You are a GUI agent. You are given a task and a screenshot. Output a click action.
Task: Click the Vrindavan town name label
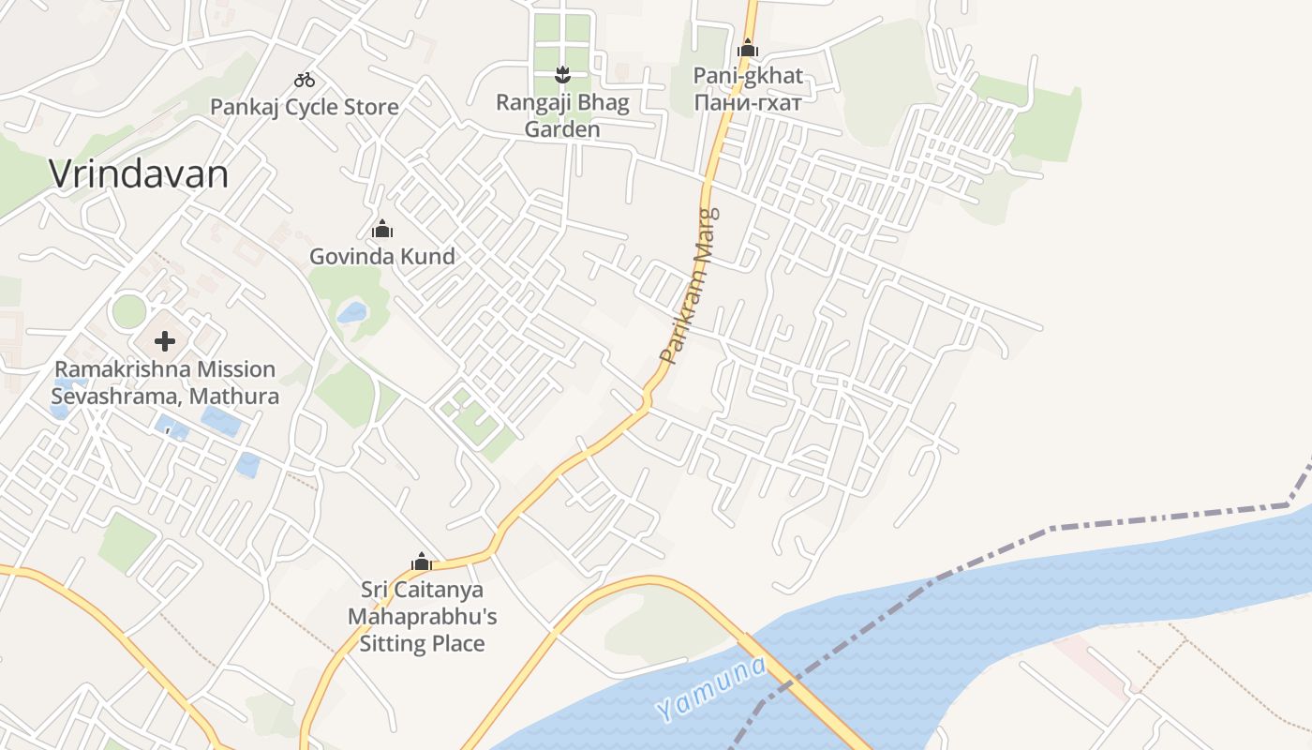point(139,174)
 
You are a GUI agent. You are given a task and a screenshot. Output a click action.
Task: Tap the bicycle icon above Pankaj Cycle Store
point(305,80)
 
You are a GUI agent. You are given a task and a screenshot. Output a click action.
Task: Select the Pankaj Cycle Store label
point(305,107)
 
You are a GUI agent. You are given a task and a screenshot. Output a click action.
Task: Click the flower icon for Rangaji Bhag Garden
point(562,73)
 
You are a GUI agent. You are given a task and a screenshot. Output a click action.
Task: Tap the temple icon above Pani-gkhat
point(748,48)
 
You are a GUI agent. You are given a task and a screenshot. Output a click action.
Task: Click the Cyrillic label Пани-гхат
point(748,102)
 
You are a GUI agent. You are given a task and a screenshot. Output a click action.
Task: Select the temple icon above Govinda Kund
point(382,229)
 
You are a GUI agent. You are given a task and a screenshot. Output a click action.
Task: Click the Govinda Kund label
point(382,256)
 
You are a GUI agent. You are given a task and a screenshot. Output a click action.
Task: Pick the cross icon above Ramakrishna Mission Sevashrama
point(165,340)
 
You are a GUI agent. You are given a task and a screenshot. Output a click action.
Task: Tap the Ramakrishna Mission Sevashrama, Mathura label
point(165,382)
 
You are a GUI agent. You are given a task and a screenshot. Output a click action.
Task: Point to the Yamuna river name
point(711,689)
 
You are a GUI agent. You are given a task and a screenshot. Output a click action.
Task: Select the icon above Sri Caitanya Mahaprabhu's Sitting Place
point(422,562)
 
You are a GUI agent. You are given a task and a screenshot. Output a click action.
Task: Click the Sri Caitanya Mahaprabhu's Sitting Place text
point(423,616)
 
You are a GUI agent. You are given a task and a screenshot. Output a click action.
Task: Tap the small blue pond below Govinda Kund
point(352,312)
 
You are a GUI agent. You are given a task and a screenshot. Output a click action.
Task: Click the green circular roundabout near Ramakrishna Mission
point(128,311)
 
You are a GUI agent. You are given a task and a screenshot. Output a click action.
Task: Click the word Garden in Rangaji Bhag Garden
point(562,129)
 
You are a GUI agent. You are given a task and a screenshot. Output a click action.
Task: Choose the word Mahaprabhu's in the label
point(423,617)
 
